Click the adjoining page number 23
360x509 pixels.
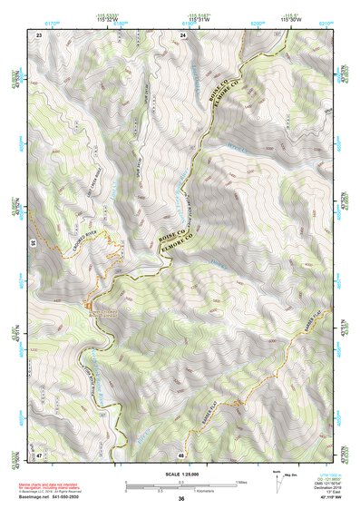39,34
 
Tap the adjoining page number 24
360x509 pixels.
184,34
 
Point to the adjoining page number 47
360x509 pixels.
39,453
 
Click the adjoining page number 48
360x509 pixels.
181,453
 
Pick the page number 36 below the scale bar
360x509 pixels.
181,499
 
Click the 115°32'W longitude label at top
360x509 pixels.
110,19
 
